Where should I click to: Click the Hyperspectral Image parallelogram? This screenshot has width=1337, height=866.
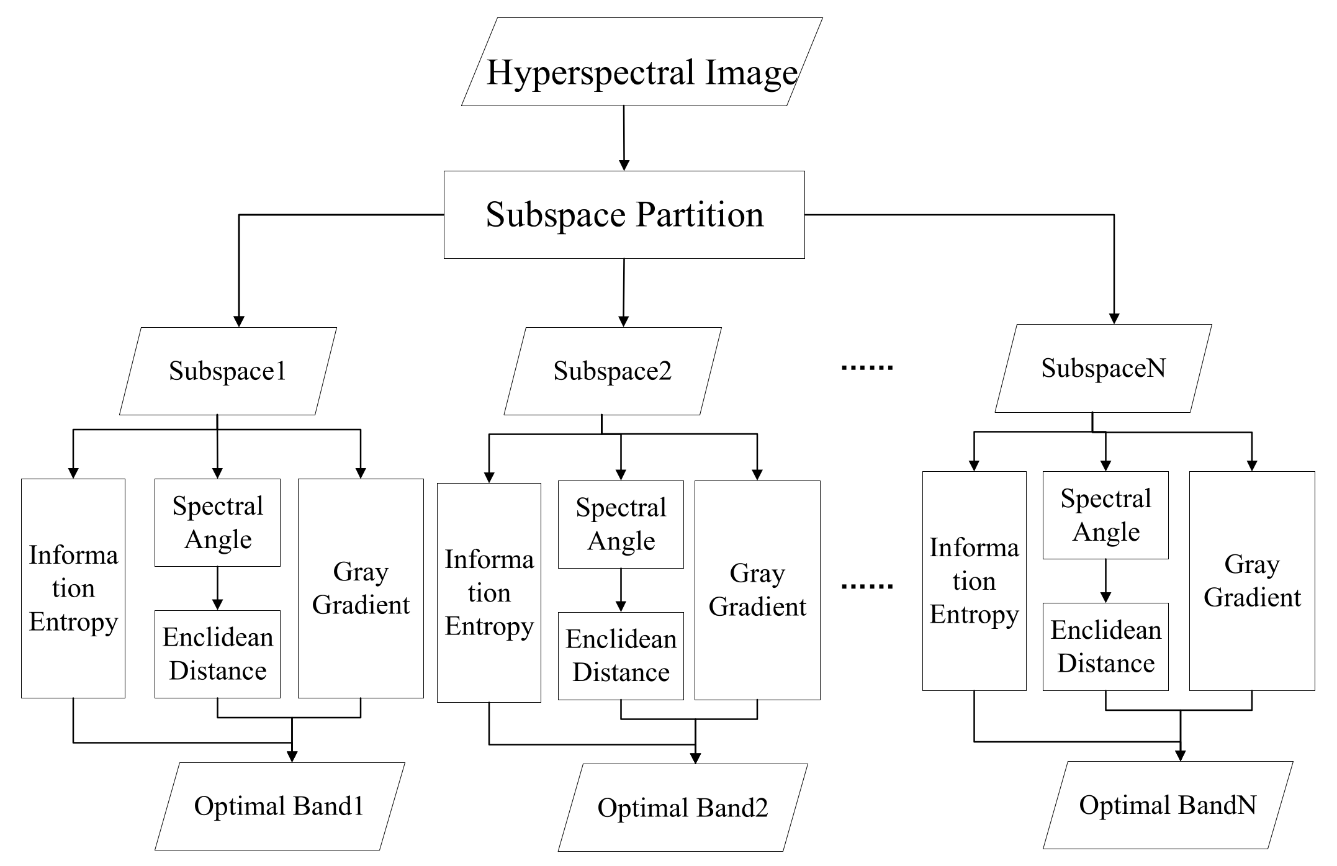tap(642, 62)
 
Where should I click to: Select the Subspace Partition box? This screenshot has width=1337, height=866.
tap(624, 215)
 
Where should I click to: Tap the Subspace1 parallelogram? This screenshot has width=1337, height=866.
tap(228, 371)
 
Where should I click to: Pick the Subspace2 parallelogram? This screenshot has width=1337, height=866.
tap(613, 371)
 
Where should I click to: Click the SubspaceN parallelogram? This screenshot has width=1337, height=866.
tap(1103, 368)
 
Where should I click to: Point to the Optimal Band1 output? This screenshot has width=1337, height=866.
tap(279, 806)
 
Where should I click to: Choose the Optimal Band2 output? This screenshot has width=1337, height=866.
tap(683, 807)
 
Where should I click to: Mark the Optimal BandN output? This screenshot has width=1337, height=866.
tap(1168, 805)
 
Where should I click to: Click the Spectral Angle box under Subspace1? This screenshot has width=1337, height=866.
tap(217, 522)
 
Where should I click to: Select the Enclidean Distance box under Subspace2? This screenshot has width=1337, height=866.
tap(621, 656)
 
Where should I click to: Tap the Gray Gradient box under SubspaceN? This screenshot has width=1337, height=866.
tap(1252, 580)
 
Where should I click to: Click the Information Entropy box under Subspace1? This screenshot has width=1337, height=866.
tap(73, 588)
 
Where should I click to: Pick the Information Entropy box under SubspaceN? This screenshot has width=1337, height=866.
tap(974, 580)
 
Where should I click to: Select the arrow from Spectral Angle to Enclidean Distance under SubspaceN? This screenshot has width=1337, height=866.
tap(1105, 580)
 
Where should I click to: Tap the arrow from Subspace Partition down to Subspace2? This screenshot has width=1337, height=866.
tap(624, 292)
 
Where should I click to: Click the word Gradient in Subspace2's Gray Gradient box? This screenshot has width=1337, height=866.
tap(757, 607)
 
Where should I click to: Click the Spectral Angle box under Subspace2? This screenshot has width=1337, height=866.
tap(621, 524)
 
